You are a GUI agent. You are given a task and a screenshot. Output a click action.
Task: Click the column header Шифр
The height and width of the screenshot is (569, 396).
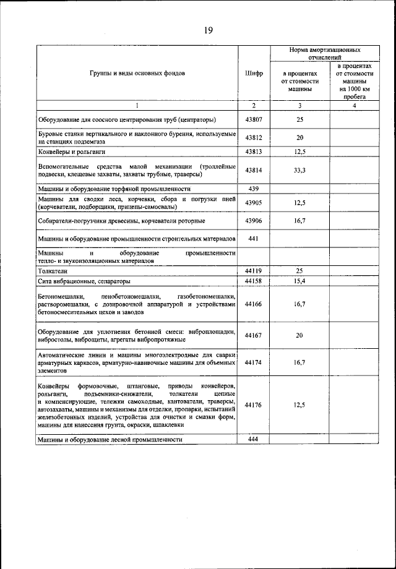(254, 73)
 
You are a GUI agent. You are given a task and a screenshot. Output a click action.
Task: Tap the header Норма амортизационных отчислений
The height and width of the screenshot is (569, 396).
(325, 52)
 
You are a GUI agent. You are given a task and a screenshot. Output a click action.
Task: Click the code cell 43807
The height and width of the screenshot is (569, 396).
(254, 119)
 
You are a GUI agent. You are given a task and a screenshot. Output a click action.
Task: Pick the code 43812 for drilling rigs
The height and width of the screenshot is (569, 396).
(254, 138)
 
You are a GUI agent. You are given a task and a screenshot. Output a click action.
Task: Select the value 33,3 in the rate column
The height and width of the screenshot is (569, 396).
(299, 170)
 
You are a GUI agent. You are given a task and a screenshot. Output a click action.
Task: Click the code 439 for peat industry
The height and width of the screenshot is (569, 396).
(254, 188)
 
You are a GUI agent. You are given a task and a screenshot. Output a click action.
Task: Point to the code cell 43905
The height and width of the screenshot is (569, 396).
(254, 202)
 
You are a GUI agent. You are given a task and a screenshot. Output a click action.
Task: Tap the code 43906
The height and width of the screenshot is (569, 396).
(254, 220)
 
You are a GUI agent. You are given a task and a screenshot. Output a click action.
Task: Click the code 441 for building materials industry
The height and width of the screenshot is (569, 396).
(254, 238)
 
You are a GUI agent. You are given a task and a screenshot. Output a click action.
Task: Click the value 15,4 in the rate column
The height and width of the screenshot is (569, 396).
(299, 281)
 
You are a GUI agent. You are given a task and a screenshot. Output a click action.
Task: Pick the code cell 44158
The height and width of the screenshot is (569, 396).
(254, 281)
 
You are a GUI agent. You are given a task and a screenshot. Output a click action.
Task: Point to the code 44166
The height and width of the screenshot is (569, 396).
(254, 304)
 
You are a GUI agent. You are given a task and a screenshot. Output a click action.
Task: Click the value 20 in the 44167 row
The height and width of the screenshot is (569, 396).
(299, 335)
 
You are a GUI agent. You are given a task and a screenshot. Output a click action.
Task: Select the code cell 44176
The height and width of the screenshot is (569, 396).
(254, 405)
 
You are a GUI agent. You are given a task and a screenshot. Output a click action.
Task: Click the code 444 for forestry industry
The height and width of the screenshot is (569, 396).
(254, 439)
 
